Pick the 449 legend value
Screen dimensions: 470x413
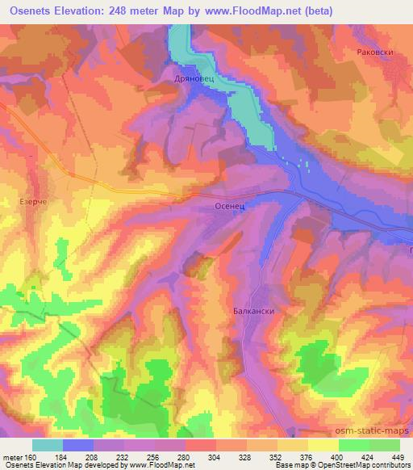pyautogui.click(x=398, y=457)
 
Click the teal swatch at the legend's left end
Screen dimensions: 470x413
pyautogui.click(x=48, y=445)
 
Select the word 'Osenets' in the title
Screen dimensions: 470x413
pyautogui.click(x=31, y=10)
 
